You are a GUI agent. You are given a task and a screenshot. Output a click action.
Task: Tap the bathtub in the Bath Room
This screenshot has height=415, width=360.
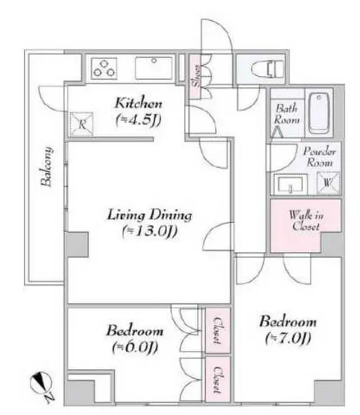[319, 113]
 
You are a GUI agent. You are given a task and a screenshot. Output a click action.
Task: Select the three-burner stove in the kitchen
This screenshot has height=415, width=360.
[104, 68]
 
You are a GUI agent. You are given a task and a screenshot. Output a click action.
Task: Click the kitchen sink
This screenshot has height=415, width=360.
[154, 68]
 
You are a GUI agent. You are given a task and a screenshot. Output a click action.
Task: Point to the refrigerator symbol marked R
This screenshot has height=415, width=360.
[82, 124]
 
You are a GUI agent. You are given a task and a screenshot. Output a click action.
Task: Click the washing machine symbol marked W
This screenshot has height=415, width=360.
[328, 183]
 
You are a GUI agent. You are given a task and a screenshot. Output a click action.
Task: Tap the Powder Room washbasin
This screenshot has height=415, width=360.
[290, 184]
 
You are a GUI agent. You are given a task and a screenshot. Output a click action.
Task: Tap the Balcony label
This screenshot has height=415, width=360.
[47, 167]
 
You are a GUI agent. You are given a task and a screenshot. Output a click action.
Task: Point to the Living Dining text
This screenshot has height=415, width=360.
[150, 215]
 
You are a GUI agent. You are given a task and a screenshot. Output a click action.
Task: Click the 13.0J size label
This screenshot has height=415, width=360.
[150, 231]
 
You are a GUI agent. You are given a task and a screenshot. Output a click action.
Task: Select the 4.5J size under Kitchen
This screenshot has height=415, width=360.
[139, 120]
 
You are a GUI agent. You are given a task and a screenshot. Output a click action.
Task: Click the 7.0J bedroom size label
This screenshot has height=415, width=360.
[288, 338]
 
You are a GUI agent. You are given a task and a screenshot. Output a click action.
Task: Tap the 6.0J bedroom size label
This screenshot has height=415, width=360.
[135, 347]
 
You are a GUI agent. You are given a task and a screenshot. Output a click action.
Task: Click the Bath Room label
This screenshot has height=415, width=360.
[287, 114]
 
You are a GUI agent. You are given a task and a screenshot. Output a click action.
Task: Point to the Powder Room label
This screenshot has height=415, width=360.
[320, 156]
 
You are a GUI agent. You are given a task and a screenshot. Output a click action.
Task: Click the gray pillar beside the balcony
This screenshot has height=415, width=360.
[77, 245]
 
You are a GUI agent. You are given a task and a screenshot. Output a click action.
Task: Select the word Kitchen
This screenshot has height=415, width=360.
[139, 103]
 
